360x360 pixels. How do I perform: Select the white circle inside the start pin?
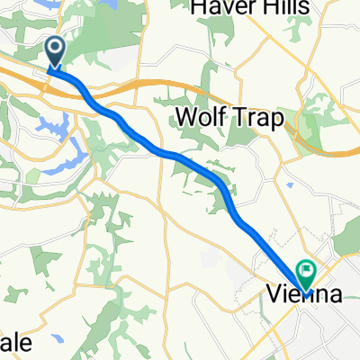tap(55, 48)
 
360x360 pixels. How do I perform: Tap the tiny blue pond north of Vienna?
tap(292, 186)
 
